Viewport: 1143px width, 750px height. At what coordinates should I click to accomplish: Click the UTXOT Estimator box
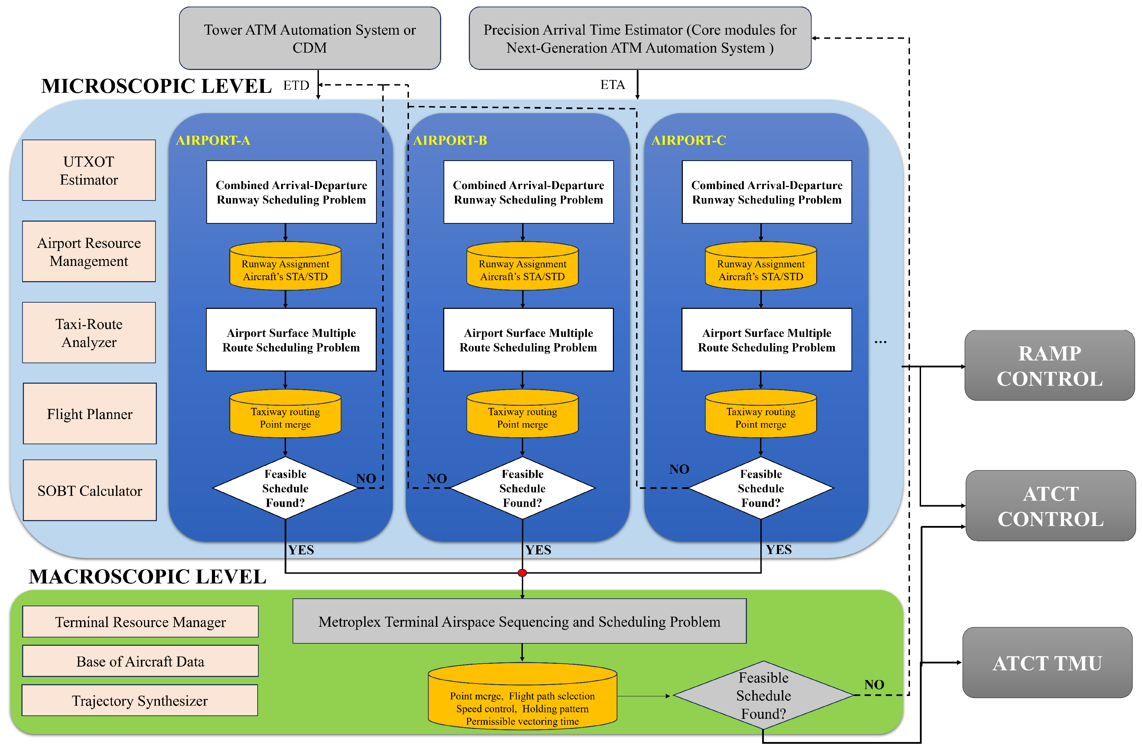tap(89, 170)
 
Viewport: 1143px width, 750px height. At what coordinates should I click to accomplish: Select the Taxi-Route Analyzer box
tap(89, 333)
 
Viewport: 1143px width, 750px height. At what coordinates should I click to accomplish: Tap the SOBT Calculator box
tap(90, 490)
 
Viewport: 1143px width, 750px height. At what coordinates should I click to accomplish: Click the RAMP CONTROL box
tap(1050, 366)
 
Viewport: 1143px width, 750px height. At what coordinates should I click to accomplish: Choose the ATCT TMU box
tap(1047, 663)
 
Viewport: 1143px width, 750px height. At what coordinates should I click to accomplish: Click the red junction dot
tap(523, 573)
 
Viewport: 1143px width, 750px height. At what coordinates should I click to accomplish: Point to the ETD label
tap(296, 86)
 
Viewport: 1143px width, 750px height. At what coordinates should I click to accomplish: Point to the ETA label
tap(612, 85)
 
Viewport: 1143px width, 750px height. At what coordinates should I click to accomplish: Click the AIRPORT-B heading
tap(450, 140)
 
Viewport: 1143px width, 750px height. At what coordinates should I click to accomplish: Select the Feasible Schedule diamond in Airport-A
tap(285, 488)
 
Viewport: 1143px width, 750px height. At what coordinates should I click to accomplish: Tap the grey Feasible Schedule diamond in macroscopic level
tap(763, 695)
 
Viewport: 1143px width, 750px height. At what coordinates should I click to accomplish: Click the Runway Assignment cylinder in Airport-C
tap(761, 267)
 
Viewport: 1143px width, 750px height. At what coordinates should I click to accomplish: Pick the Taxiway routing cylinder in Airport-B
tap(523, 414)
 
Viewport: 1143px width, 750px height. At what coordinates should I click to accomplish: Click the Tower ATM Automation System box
tap(310, 38)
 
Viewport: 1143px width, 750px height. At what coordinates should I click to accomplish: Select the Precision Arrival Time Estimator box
tap(640, 38)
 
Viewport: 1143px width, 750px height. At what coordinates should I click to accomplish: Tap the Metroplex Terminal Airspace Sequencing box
tap(519, 621)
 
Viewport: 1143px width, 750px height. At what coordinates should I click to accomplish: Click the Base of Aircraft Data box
tap(140, 661)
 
